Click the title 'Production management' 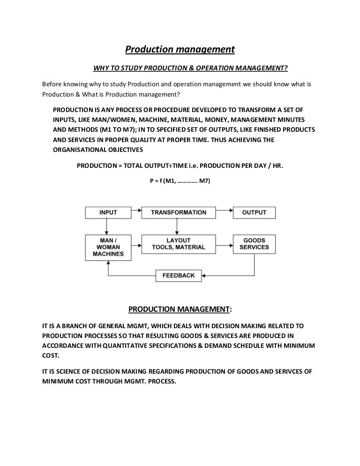(179, 49)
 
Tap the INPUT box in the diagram (108, 212)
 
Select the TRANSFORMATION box (178, 212)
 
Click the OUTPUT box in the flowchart (254, 212)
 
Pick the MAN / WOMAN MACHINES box (108, 247)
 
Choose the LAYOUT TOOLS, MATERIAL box (178, 243)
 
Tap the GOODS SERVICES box (254, 243)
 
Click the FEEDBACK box (178, 275)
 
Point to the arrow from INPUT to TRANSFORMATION (136, 212)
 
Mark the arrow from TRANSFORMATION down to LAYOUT (176, 226)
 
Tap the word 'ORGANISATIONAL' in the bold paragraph (80, 150)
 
